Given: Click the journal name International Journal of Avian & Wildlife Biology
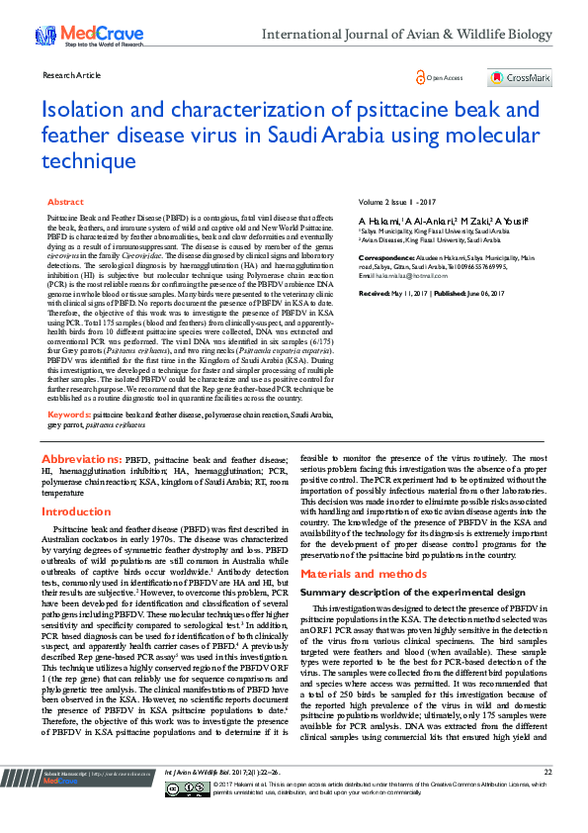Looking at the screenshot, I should point(406,35).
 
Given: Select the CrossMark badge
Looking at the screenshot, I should point(519,77).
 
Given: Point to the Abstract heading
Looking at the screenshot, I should point(65,201).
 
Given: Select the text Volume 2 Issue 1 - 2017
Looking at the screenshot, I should point(396,201).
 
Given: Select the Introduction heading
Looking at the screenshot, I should point(77,511).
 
